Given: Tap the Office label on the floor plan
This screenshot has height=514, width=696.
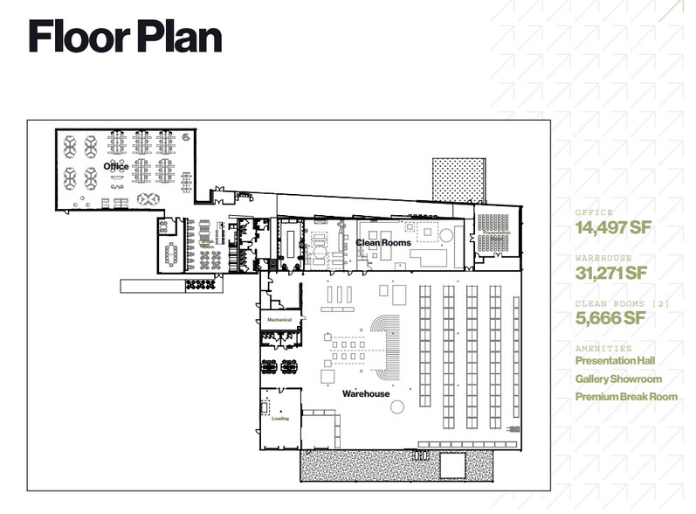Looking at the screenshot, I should [x=115, y=166].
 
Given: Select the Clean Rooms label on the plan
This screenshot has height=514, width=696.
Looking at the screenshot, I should [x=382, y=242].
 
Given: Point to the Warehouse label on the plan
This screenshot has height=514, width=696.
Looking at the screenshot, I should [x=365, y=394].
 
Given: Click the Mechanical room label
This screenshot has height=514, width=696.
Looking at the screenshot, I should [x=279, y=321].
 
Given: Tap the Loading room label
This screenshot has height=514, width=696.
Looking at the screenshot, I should [x=280, y=418].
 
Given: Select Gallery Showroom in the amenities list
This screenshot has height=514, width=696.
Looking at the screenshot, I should [x=618, y=379].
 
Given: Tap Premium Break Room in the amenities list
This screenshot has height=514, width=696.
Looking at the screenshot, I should [x=626, y=398].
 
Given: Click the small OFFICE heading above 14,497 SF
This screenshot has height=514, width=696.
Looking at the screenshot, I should [x=594, y=213].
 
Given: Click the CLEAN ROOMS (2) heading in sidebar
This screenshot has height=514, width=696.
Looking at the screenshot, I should [x=610, y=302].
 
